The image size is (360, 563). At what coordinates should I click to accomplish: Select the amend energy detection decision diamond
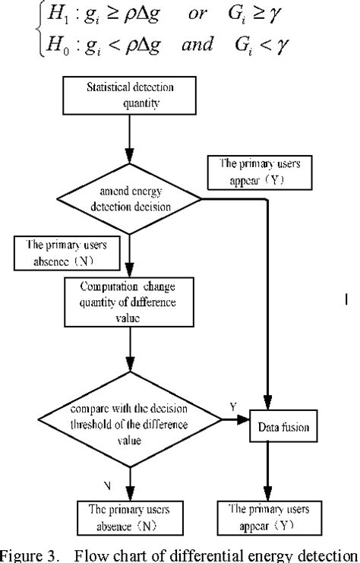coord(130,200)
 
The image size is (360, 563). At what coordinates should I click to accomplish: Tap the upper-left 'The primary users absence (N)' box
coord(65,252)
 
